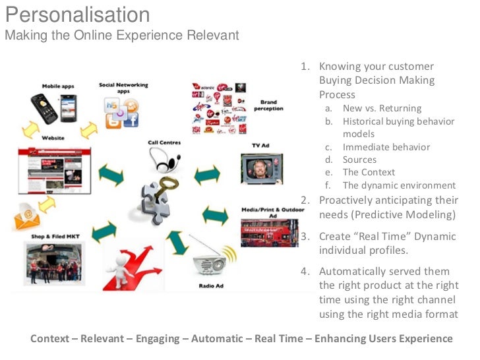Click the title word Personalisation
click(x=77, y=14)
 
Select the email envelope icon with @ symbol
click(x=28, y=214)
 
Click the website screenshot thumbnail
click(x=54, y=169)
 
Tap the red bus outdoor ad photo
click(x=264, y=233)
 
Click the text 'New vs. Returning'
click(x=382, y=108)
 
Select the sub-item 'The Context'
click(x=369, y=172)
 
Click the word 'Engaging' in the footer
click(x=157, y=339)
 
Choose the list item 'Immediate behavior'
click(x=386, y=147)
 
